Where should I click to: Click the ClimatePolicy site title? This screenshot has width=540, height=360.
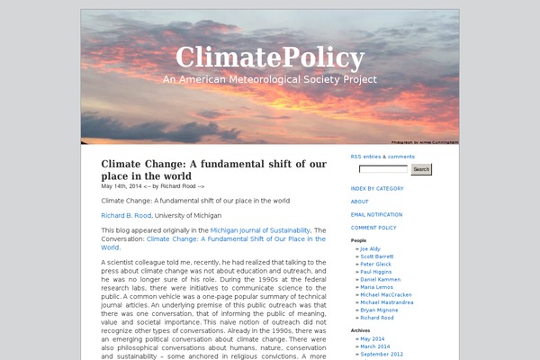point(270,58)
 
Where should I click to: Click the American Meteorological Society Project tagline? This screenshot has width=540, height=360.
point(270,79)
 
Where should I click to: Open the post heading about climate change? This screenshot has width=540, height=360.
point(213,170)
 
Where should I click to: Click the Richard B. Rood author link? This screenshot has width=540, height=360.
point(126,216)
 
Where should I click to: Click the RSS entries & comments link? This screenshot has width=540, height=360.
point(382,157)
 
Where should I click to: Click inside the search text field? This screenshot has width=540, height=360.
point(383,169)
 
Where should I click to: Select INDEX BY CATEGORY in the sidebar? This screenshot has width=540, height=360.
point(377,188)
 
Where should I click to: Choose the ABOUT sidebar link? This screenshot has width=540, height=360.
point(360,202)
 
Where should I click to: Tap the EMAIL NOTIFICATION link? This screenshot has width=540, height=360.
point(377,214)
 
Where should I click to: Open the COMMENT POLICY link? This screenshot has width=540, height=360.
point(374,228)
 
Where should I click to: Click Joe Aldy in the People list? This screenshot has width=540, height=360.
point(370,247)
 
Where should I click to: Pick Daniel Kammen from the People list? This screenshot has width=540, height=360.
point(381,279)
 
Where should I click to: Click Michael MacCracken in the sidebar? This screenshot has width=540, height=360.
point(385,294)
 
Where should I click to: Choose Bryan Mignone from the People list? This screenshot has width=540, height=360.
point(380,310)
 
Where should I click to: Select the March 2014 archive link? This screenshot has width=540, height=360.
point(374,346)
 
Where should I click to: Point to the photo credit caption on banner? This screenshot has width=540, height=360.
point(425,141)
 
